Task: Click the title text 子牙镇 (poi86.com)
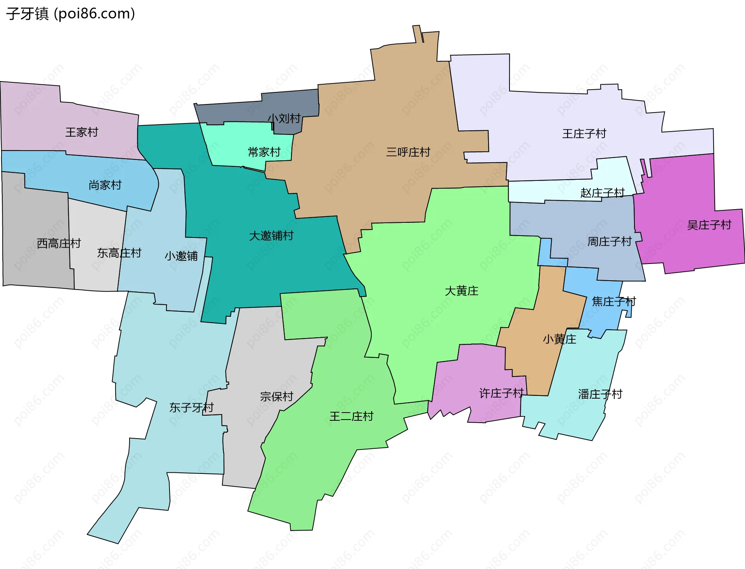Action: (x=70, y=14)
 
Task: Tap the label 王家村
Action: (x=81, y=132)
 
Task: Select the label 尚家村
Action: (x=105, y=185)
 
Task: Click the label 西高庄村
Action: (x=59, y=243)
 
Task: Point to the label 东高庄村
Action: (x=119, y=253)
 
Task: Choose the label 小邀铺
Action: (x=181, y=256)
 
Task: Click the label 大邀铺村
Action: (x=271, y=236)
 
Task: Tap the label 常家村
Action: (x=264, y=152)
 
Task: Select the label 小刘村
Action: (x=284, y=118)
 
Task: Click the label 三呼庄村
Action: (x=408, y=152)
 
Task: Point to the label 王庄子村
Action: (x=584, y=134)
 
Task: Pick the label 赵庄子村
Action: (x=602, y=193)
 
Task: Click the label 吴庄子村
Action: (x=709, y=225)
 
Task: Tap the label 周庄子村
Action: (x=609, y=241)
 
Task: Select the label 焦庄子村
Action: (x=613, y=301)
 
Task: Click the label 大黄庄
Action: (x=461, y=291)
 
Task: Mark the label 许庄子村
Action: (x=501, y=393)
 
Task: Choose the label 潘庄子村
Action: (x=600, y=394)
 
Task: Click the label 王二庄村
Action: (x=351, y=416)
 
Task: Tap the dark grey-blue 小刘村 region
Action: (x=241, y=111)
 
